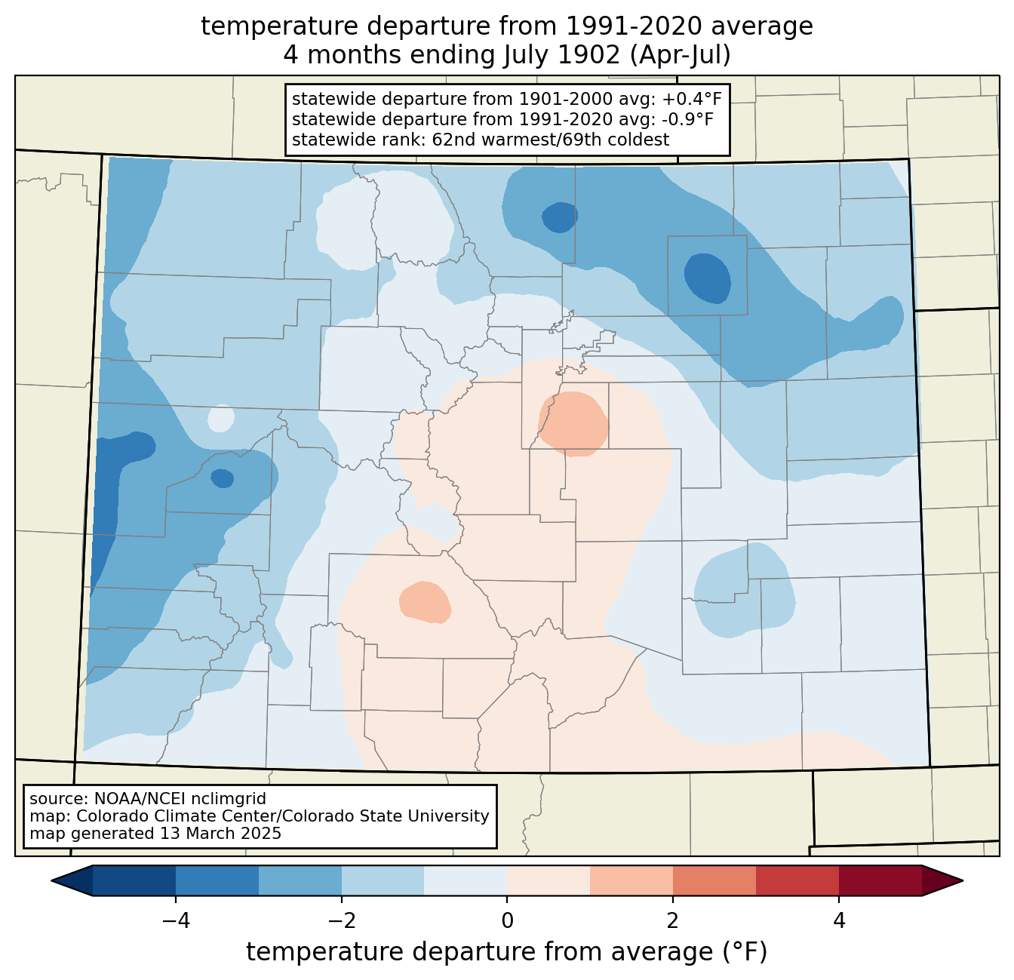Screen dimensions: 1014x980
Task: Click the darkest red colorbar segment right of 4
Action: pos(880,880)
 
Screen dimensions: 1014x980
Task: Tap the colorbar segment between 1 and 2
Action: pos(631,880)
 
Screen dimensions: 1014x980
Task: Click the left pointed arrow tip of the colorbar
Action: pos(52,881)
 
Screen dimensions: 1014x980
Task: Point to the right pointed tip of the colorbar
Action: pos(962,881)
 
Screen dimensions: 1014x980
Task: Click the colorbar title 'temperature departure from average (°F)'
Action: pos(506,951)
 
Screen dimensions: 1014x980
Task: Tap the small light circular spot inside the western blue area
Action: pos(221,419)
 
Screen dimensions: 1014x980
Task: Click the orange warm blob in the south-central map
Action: pos(425,602)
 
